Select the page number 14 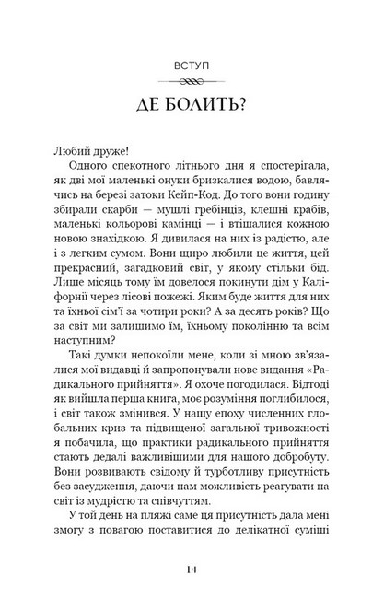click(192, 570)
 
